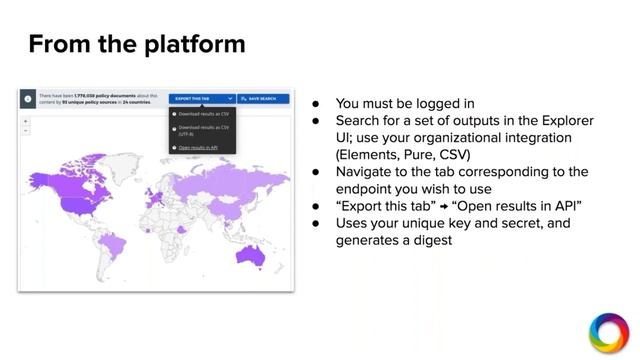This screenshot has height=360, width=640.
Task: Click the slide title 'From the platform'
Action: pyautogui.click(x=136, y=44)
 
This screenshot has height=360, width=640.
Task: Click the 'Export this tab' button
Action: pyautogui.click(x=203, y=99)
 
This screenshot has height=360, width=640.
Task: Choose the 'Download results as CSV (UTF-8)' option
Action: pyautogui.click(x=203, y=130)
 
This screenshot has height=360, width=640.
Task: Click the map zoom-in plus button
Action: pyautogui.click(x=26, y=121)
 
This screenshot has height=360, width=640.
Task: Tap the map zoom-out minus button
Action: pyautogui.click(x=26, y=130)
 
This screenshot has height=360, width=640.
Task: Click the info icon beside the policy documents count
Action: pyautogui.click(x=27, y=99)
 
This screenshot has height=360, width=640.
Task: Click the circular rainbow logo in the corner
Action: pyautogui.click(x=608, y=333)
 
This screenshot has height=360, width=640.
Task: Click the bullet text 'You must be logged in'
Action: pyautogui.click(x=405, y=103)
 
